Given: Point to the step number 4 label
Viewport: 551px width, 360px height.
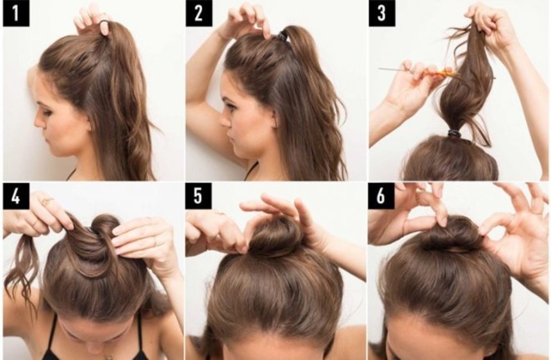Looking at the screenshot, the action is [16, 197].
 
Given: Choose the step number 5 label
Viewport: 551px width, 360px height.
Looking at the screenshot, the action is [199, 197].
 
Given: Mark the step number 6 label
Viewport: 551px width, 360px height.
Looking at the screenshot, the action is [382, 197].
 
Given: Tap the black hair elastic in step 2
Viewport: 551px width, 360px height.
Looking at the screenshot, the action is [283, 35].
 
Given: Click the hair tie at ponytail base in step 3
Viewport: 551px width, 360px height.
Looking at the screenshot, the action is [454, 135].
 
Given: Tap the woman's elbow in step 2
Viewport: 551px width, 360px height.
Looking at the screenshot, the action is [195, 94].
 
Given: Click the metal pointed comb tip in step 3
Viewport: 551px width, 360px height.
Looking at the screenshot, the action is [379, 69].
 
